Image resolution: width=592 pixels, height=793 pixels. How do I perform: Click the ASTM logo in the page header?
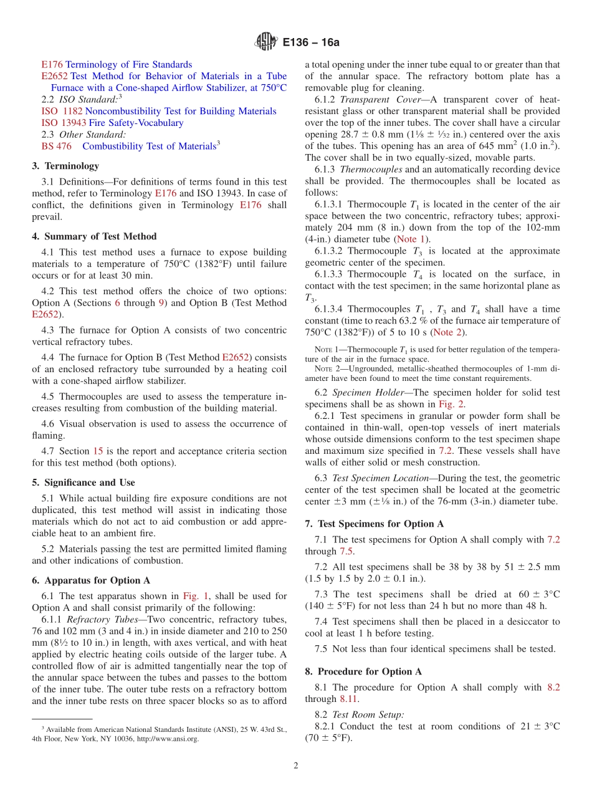(266, 42)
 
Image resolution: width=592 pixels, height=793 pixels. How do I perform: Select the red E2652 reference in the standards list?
(54, 76)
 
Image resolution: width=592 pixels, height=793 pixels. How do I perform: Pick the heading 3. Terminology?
(65, 166)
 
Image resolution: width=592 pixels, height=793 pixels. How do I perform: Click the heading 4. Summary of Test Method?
(94, 236)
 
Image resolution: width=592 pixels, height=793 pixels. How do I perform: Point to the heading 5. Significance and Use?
(83, 483)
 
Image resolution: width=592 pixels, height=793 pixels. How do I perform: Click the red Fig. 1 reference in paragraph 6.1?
(191, 596)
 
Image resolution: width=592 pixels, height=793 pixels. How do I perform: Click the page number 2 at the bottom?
(296, 766)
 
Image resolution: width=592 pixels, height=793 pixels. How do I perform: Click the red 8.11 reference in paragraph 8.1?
(346, 699)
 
